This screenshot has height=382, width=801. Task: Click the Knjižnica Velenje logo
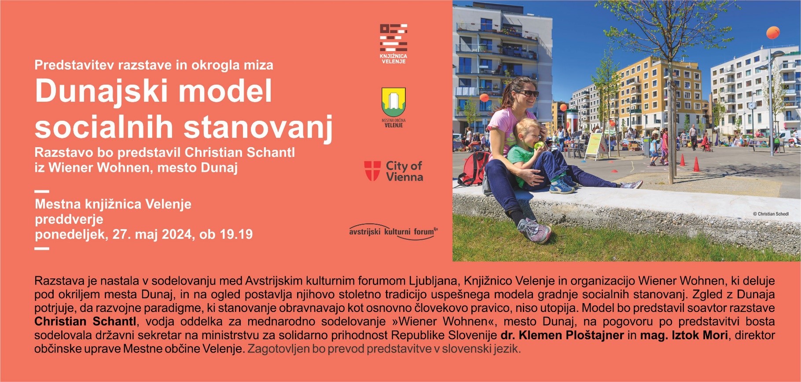click(x=393, y=44)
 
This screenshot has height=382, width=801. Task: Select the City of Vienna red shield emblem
click(x=372, y=171)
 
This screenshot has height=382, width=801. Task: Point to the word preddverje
click(x=69, y=219)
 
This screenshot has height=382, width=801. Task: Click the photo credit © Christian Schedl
click(x=771, y=214)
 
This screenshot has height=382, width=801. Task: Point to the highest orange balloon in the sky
click(x=773, y=33)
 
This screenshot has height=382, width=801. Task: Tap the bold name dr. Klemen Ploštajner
click(x=562, y=335)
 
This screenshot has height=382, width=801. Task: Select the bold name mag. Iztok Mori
click(x=684, y=335)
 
